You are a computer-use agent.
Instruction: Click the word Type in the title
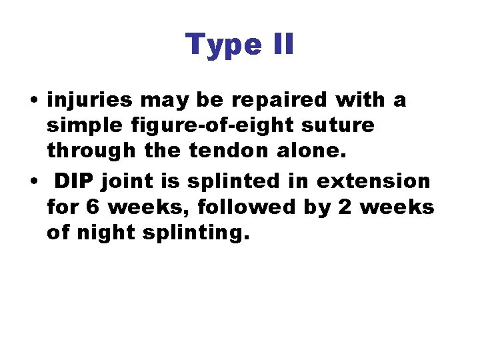coord(221,45)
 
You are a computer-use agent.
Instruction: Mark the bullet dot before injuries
coord(33,101)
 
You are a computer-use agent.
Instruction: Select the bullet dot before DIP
coord(33,181)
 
